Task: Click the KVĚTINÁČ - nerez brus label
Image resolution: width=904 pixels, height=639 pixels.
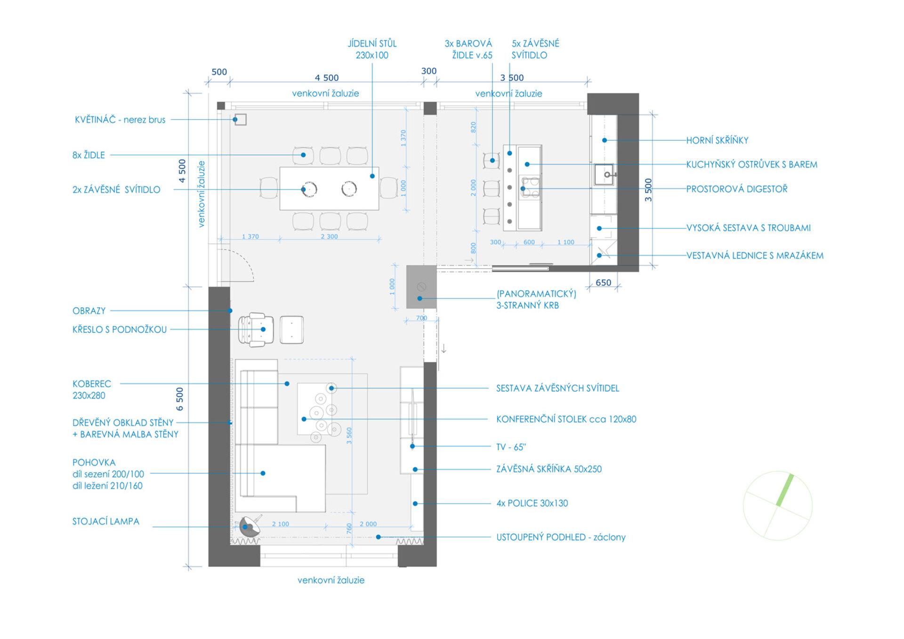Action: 120,120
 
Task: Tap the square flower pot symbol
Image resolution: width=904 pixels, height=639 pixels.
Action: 240,119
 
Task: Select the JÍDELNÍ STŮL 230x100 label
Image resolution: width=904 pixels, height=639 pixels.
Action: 372,49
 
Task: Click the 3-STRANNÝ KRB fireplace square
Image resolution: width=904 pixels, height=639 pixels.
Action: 421,287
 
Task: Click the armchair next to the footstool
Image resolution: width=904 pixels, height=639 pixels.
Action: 256,330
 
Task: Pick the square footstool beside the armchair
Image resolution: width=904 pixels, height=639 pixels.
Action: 291,330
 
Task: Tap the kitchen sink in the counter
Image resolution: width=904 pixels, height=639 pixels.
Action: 604,175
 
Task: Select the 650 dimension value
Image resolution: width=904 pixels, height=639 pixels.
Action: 603,283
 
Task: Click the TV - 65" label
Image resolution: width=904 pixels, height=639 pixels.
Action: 511,447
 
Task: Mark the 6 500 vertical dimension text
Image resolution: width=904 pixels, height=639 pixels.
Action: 179,399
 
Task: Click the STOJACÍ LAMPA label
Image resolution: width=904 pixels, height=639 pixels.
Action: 106,521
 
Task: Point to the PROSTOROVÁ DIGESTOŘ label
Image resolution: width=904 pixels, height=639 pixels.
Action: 736,189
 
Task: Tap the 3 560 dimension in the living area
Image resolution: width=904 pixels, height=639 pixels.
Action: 349,436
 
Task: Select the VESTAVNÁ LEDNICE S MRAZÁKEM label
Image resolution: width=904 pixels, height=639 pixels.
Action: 755,256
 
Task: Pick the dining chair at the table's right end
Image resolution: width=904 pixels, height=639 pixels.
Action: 389,188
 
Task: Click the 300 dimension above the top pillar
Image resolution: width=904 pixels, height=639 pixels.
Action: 428,71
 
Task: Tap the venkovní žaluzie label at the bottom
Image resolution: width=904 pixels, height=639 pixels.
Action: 331,580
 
